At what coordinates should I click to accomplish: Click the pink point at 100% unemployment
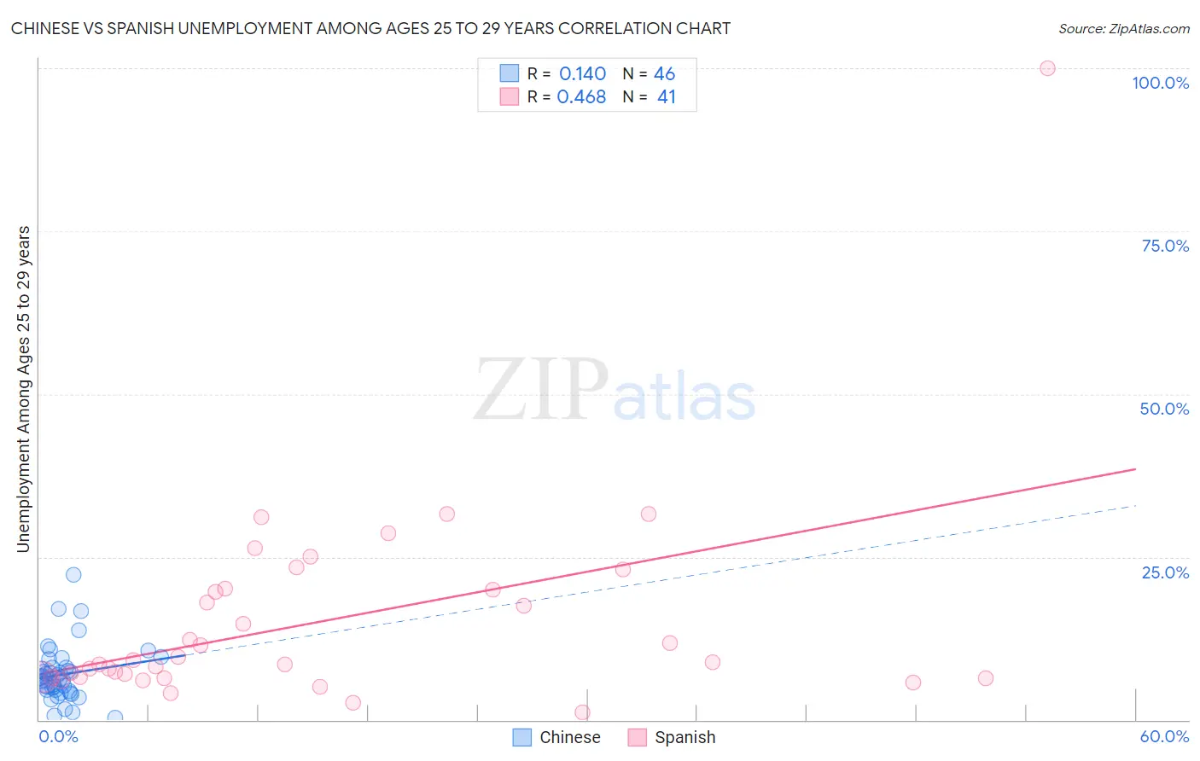[x=1047, y=68]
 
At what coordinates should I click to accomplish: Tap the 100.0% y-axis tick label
[x=1160, y=83]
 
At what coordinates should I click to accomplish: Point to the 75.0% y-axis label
[x=1165, y=246]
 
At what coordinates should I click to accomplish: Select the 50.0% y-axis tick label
[x=1164, y=409]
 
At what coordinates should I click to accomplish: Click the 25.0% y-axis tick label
[x=1165, y=572]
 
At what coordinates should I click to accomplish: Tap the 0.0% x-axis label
[x=58, y=736]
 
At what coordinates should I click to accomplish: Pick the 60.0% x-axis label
[x=1164, y=736]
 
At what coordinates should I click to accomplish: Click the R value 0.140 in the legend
[x=582, y=74]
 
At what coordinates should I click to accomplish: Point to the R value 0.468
[x=581, y=97]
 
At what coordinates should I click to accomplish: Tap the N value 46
[x=664, y=74]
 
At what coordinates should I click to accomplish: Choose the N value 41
[x=666, y=97]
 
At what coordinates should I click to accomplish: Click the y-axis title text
[x=23, y=389]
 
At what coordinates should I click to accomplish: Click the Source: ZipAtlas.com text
[x=1123, y=29]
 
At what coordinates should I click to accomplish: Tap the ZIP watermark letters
[x=540, y=392]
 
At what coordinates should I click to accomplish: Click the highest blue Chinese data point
[x=73, y=575]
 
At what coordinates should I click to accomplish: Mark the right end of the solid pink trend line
[x=1135, y=469]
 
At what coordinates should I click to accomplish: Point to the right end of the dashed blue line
[x=1135, y=506]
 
